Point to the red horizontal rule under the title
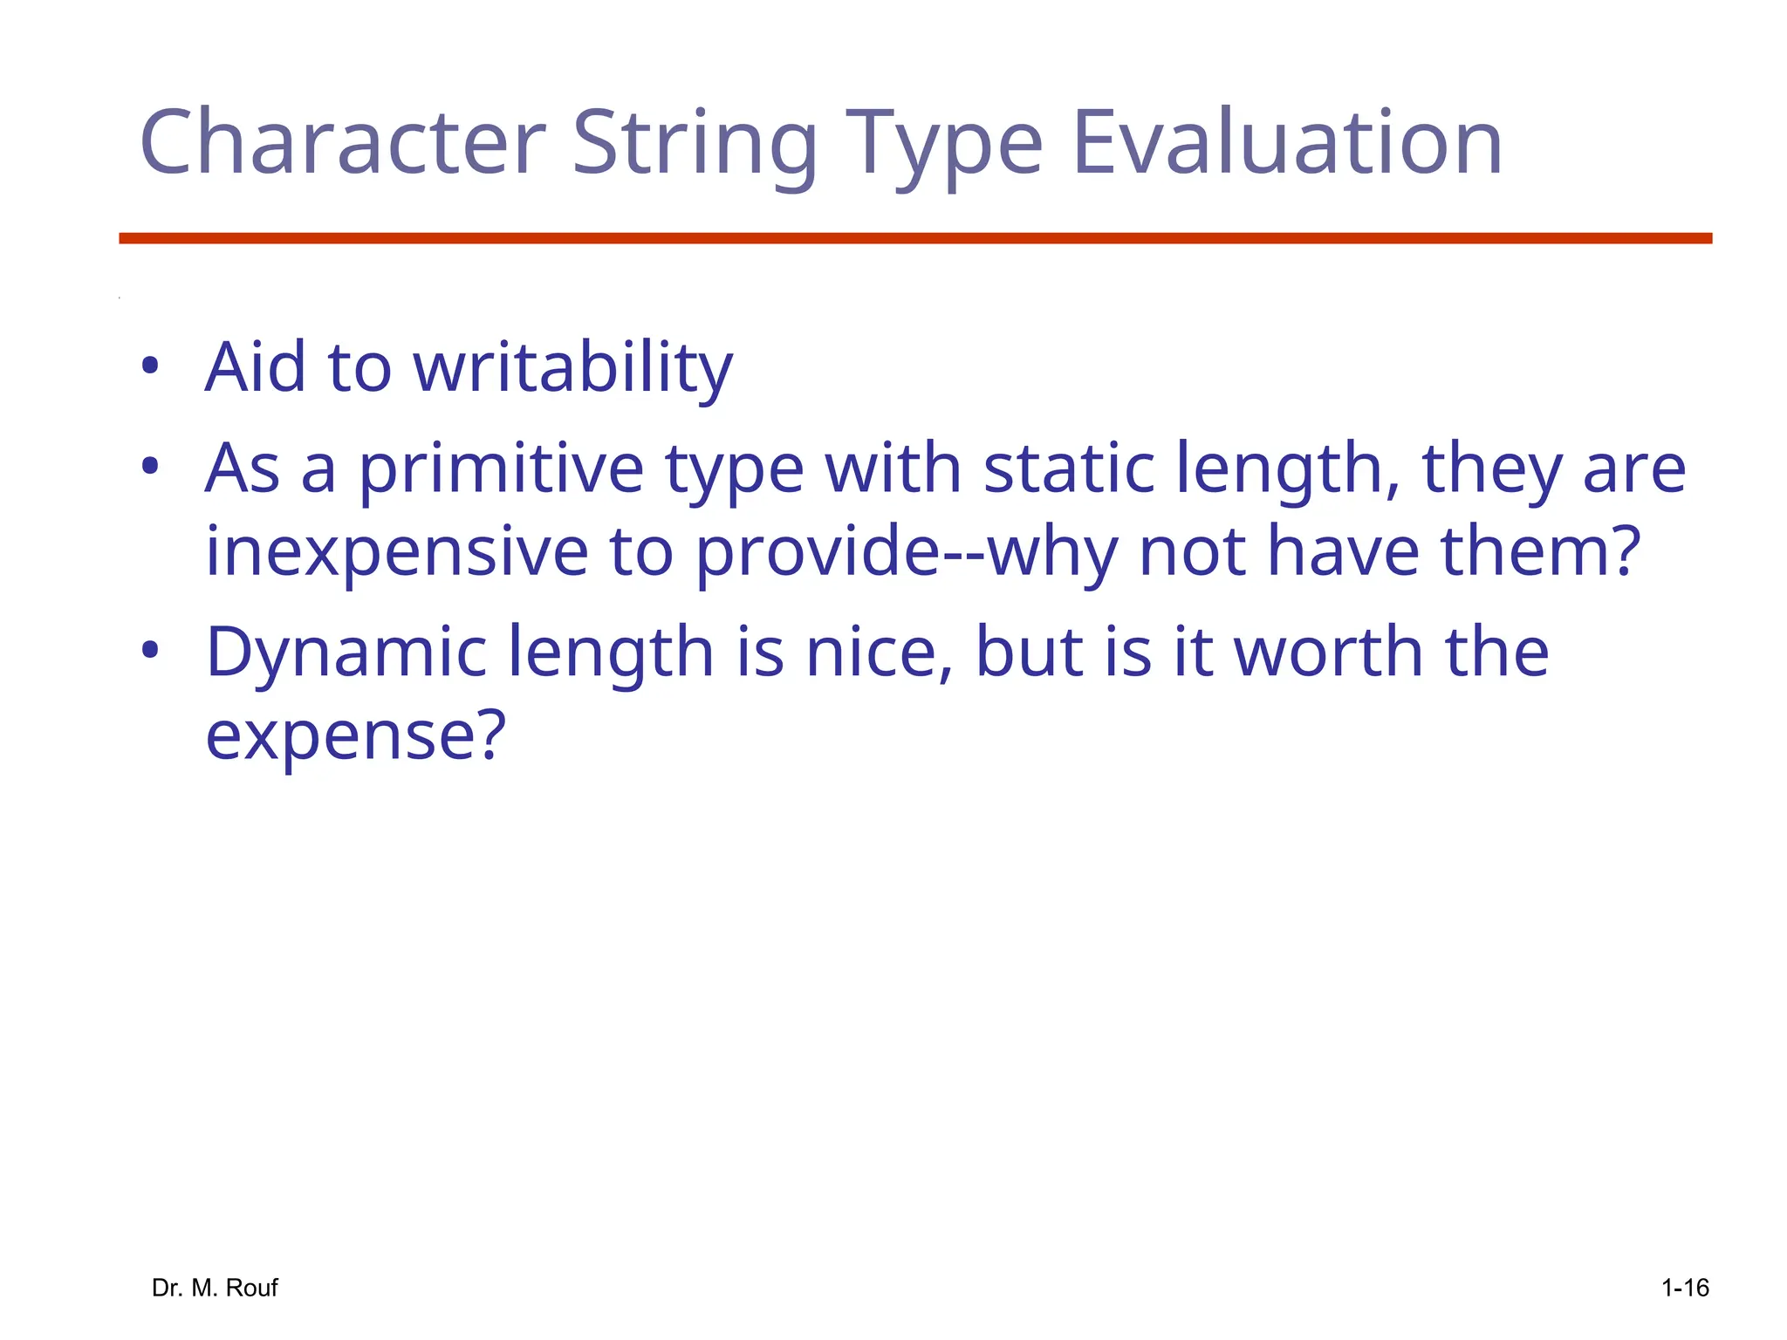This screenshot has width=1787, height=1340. tap(914, 238)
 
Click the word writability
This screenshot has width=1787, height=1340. tap(572, 368)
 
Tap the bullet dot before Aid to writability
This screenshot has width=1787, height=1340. tap(150, 366)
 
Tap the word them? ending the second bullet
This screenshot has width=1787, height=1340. tap(1540, 552)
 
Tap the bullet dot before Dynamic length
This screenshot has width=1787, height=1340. tap(150, 650)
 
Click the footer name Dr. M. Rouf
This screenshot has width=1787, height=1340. tap(215, 1288)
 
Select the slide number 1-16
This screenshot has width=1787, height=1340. tap(1684, 1288)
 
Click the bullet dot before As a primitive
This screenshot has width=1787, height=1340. tap(150, 467)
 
